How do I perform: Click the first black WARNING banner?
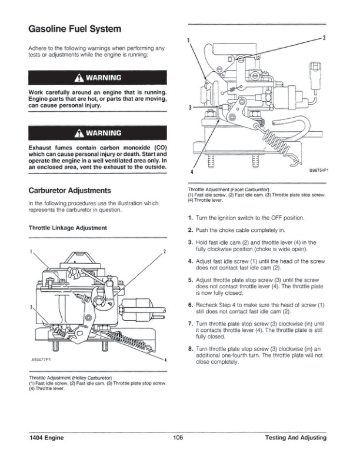[98, 78]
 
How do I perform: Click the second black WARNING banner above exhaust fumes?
[98, 132]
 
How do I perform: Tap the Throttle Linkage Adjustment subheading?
[68, 227]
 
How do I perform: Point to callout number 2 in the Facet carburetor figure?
[324, 37]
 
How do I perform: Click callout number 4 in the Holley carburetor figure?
[166, 359]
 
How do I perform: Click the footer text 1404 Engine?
[46, 438]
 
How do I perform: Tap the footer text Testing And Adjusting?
[295, 438]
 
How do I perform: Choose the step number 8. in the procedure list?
[190, 349]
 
